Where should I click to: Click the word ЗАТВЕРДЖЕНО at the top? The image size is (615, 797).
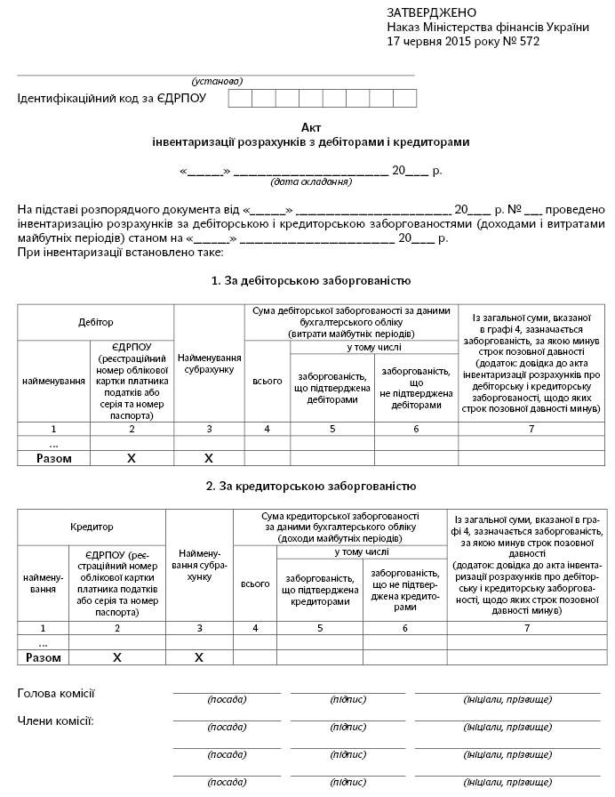point(432,12)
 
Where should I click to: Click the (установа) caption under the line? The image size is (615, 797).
point(217,81)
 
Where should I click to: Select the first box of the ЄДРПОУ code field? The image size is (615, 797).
point(240,98)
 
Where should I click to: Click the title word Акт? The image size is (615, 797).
point(310,127)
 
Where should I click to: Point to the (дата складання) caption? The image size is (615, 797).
point(310,182)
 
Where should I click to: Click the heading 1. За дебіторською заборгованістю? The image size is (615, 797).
point(310,281)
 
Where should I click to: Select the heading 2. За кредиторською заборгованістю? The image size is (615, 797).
point(310,487)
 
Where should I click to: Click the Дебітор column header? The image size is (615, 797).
point(96,322)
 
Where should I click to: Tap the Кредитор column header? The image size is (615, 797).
point(92,527)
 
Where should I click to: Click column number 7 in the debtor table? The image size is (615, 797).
point(531,429)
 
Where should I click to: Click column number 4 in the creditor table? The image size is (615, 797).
point(255,628)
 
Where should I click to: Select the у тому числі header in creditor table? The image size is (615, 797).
point(362,552)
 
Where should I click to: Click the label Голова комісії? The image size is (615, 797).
point(56,694)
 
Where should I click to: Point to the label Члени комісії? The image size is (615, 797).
point(56,721)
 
